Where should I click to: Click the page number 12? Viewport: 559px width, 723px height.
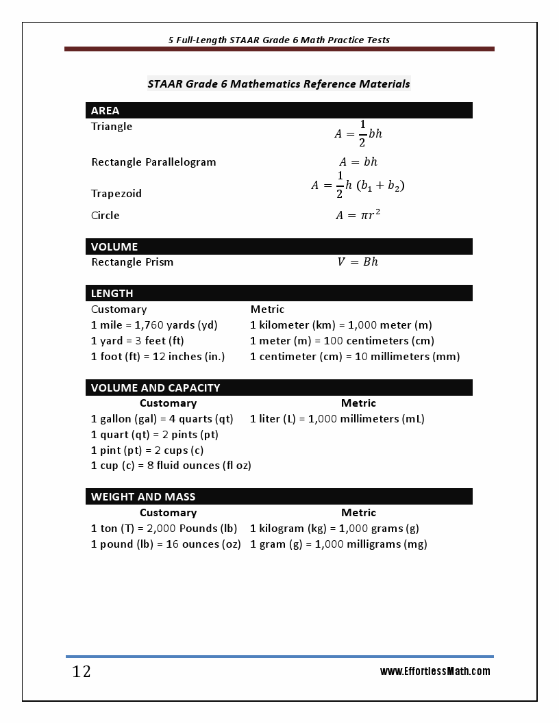(82, 672)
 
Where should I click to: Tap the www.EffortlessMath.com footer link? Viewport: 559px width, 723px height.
(435, 671)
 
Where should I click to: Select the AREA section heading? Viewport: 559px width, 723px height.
(105, 110)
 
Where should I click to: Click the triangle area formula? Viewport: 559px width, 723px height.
(358, 134)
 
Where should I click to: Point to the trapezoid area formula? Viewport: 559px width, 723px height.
(358, 186)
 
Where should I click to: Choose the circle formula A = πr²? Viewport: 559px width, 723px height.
(358, 215)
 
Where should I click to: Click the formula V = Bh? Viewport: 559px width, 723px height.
(358, 262)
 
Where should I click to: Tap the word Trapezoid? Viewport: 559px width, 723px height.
(116, 194)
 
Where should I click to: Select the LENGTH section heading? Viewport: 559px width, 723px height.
(112, 293)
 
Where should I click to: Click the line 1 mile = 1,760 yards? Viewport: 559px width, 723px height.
(154, 325)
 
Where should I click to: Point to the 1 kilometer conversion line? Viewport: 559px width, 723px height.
(341, 325)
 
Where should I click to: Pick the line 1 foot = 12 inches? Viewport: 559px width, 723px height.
(158, 357)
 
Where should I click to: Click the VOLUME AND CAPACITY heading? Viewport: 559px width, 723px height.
(156, 388)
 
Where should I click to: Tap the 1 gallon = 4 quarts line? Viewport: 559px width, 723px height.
(162, 419)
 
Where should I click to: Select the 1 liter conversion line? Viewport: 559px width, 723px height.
(337, 419)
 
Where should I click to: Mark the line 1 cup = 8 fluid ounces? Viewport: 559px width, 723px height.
(171, 466)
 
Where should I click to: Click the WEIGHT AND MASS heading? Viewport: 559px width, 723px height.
(143, 496)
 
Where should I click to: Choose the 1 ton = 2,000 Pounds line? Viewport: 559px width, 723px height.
(164, 529)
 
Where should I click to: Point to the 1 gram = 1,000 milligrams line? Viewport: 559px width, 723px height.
(338, 544)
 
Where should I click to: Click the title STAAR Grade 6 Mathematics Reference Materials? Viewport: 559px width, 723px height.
(279, 84)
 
